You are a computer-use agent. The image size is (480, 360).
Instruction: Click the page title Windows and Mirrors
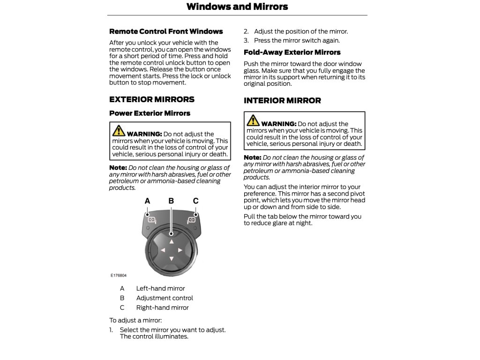pyautogui.click(x=237, y=7)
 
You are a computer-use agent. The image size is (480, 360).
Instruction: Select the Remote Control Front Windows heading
pyautogui.click(x=166, y=31)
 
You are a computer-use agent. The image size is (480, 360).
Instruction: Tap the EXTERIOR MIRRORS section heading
pyautogui.click(x=152, y=99)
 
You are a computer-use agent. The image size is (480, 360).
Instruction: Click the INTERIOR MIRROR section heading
pyautogui.click(x=282, y=100)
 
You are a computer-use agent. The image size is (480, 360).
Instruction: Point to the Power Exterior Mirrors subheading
pyautogui.click(x=150, y=113)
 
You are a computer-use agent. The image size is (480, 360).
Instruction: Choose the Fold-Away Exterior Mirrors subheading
pyautogui.click(x=292, y=52)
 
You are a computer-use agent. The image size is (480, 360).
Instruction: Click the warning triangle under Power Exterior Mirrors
pyautogui.click(x=119, y=130)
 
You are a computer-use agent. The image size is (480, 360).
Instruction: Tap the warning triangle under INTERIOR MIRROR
pyautogui.click(x=253, y=120)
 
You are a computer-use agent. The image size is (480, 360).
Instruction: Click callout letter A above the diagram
pyautogui.click(x=148, y=201)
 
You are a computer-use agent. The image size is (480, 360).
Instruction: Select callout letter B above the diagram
pyautogui.click(x=171, y=201)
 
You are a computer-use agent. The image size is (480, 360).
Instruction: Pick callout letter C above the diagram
pyautogui.click(x=196, y=201)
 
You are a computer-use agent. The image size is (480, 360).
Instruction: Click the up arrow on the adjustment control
pyautogui.click(x=172, y=242)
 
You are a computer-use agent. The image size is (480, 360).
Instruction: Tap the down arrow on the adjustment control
pyautogui.click(x=172, y=259)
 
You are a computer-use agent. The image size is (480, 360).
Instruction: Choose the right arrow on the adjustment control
pyautogui.click(x=180, y=250)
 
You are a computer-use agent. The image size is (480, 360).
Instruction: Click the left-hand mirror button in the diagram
pyautogui.click(x=151, y=219)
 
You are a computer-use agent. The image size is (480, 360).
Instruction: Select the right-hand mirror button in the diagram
pyautogui.click(x=191, y=219)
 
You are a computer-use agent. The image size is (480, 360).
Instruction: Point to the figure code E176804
pyautogui.click(x=119, y=276)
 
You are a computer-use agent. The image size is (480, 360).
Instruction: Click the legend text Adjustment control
pyautogui.click(x=165, y=298)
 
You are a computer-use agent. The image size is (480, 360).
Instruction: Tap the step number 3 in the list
pyautogui.click(x=246, y=41)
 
